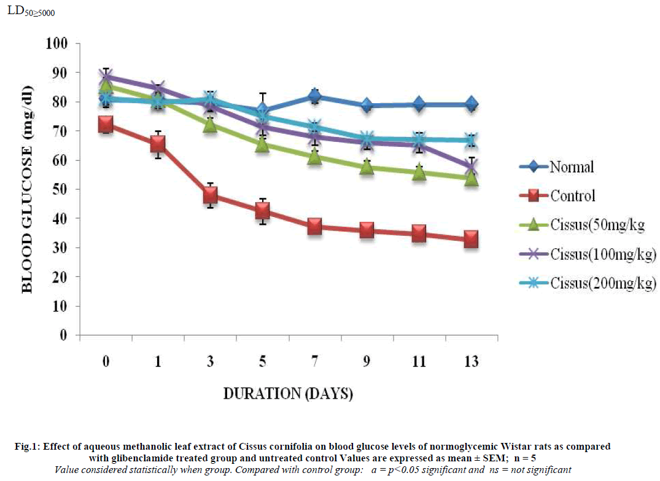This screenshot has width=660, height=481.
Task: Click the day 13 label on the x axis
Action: click(x=471, y=362)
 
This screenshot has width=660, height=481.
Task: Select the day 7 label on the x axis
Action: click(x=314, y=362)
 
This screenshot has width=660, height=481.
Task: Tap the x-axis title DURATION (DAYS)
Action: click(x=287, y=394)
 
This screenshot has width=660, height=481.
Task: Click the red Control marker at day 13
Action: click(x=471, y=240)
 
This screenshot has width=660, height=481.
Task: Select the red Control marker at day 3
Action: click(x=210, y=195)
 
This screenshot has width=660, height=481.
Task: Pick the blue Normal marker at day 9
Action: click(x=367, y=106)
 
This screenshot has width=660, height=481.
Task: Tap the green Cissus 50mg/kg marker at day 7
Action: click(x=314, y=157)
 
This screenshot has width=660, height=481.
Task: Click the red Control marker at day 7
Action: click(x=314, y=227)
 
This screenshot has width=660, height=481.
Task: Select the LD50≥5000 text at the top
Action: click(x=31, y=10)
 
